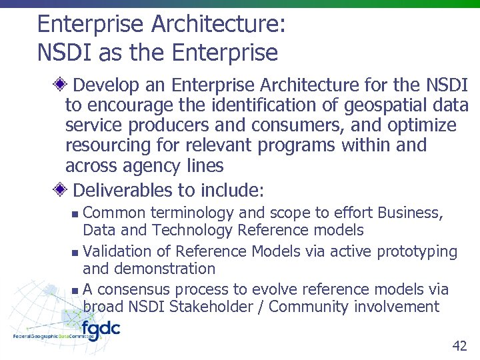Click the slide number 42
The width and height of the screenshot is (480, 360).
(459, 345)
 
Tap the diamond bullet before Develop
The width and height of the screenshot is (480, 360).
(61, 85)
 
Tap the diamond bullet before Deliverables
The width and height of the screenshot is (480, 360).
(61, 190)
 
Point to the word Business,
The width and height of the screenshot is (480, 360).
(409, 213)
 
